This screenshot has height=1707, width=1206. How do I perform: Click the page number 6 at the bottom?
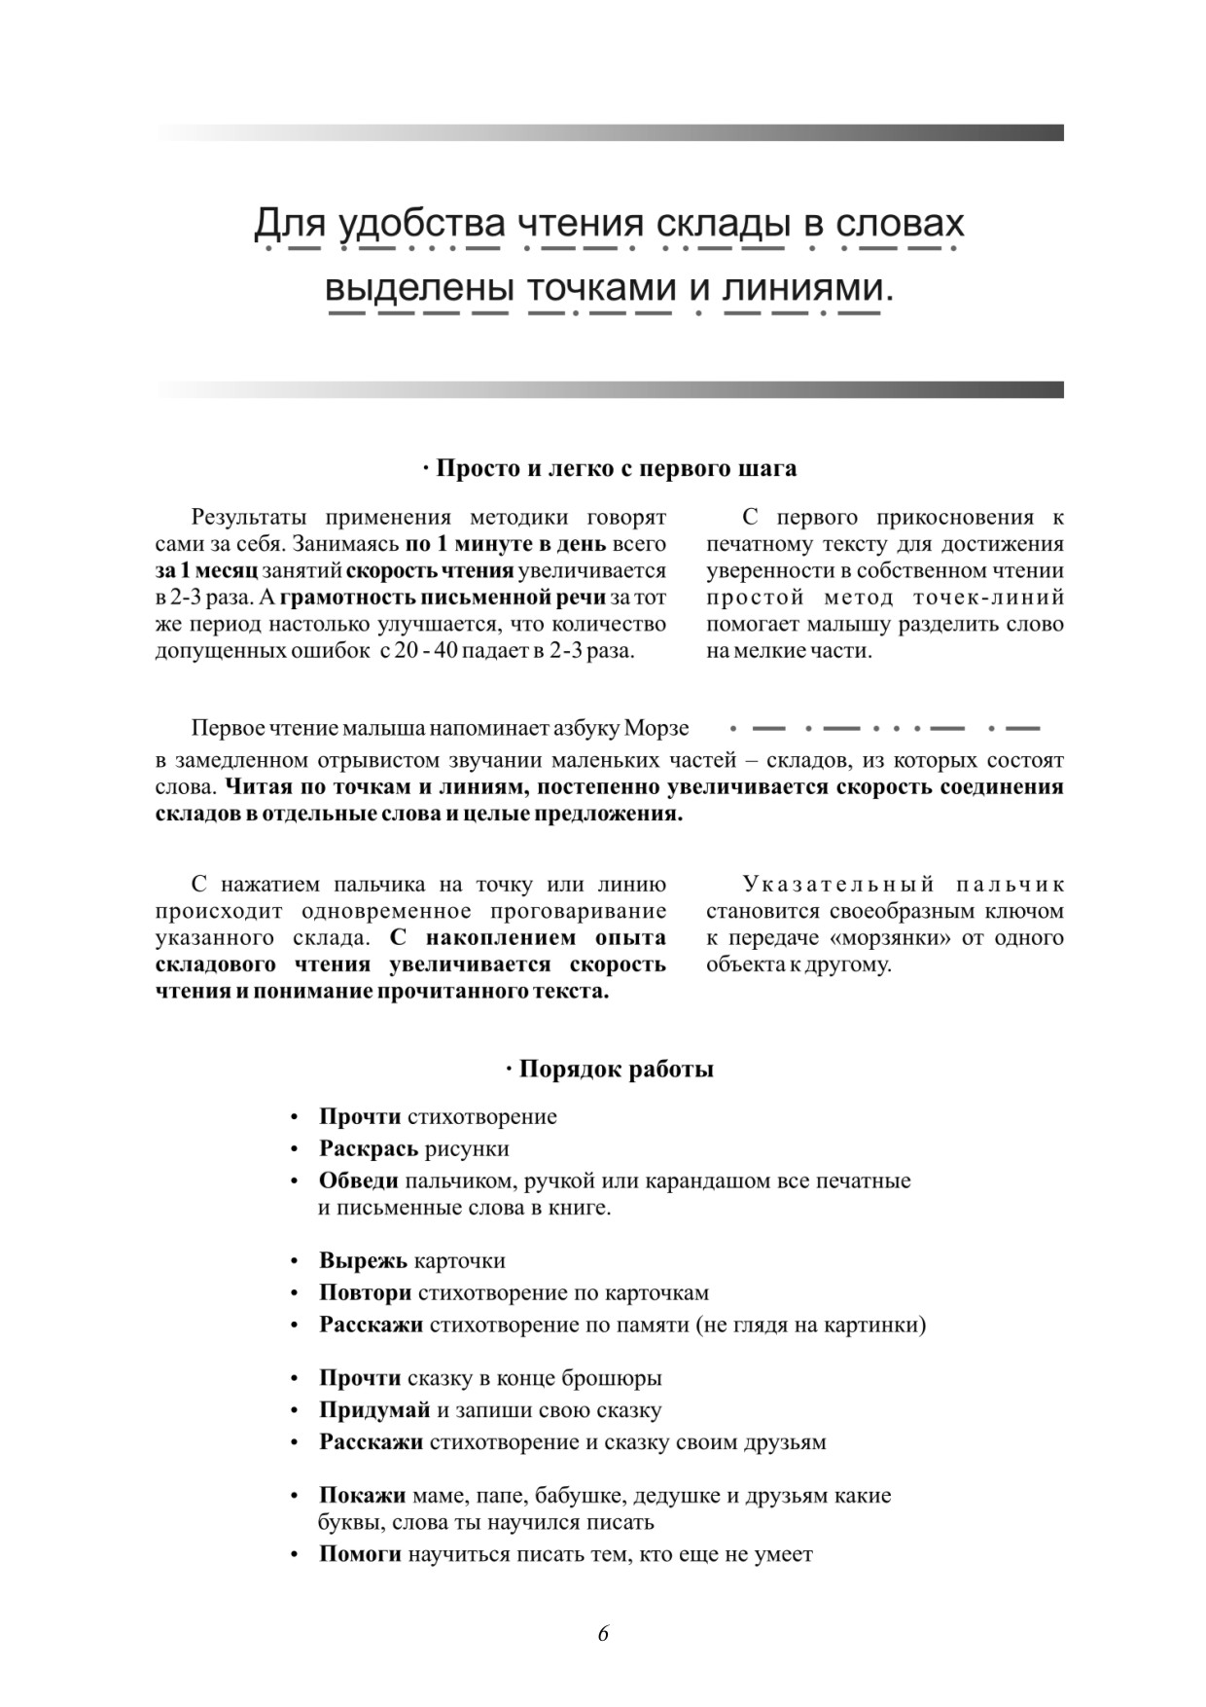click(x=603, y=1634)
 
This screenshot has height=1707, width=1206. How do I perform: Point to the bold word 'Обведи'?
click(x=358, y=1180)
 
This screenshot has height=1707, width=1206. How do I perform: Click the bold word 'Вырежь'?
click(x=363, y=1260)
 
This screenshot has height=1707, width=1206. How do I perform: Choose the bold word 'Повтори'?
click(x=365, y=1292)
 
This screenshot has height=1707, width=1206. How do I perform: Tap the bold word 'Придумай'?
click(x=374, y=1409)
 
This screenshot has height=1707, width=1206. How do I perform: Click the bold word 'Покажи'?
click(x=362, y=1495)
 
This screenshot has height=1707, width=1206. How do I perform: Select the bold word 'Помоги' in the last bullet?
click(x=360, y=1554)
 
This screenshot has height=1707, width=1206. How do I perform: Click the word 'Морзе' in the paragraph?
click(x=656, y=728)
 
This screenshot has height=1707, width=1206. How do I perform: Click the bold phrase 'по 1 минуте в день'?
click(x=505, y=543)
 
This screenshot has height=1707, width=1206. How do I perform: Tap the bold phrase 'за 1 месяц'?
click(x=206, y=570)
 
